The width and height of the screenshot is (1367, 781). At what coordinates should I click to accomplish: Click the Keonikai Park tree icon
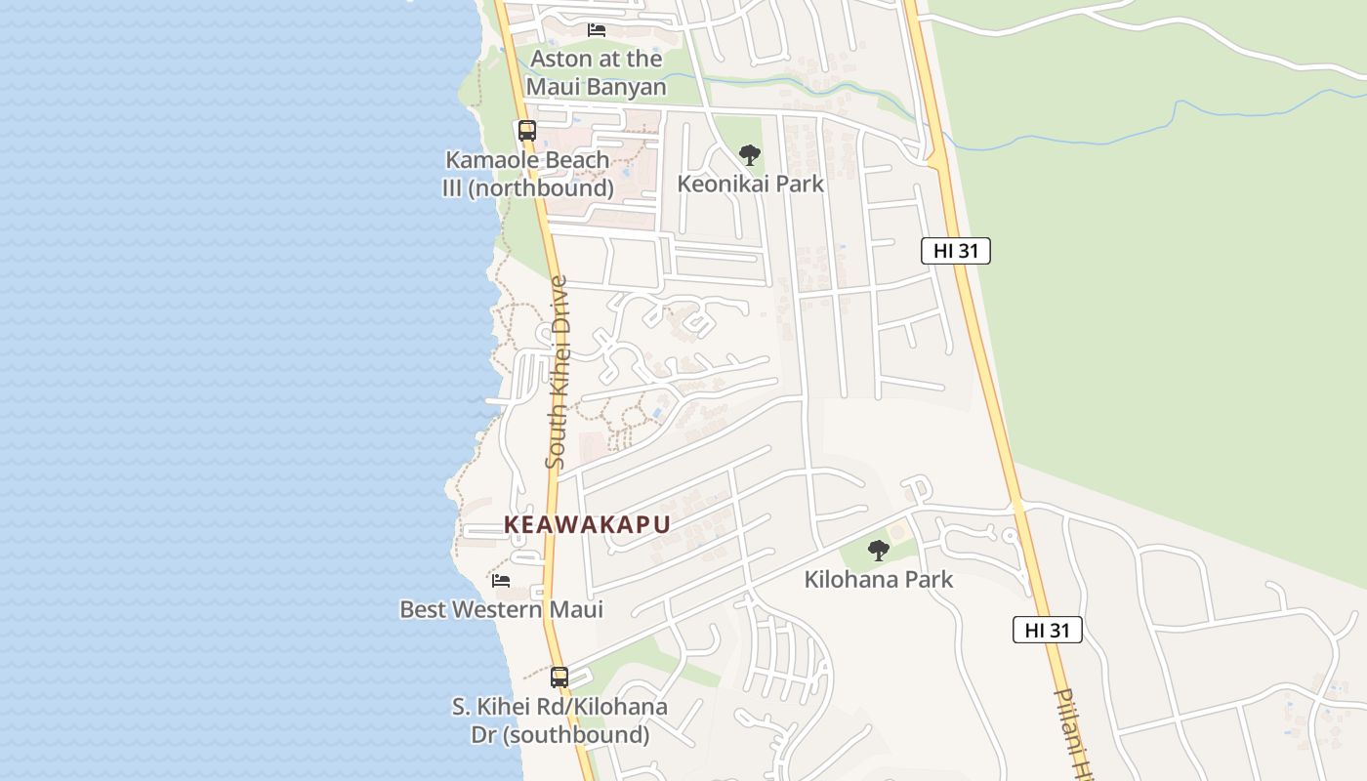point(749,154)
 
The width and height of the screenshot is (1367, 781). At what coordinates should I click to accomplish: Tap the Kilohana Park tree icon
point(879,551)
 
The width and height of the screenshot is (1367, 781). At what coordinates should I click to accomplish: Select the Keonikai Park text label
point(750,184)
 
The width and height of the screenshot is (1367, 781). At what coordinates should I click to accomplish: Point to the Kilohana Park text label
point(878,580)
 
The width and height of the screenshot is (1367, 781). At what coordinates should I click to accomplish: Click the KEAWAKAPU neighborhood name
point(587,525)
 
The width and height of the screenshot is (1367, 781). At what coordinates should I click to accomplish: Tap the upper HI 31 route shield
point(955,251)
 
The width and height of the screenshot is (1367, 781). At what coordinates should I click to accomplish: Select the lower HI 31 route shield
point(1047,631)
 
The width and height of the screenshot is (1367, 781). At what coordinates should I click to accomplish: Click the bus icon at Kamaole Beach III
point(527,130)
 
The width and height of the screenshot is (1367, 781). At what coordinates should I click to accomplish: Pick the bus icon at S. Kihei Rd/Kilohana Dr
point(559,677)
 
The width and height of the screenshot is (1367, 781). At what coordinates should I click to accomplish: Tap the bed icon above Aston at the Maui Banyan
point(597,30)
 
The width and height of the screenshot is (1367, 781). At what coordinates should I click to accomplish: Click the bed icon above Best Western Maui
point(501,580)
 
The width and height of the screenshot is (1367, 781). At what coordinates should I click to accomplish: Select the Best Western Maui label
point(501,610)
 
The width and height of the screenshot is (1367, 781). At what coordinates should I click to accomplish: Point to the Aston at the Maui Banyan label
point(596,73)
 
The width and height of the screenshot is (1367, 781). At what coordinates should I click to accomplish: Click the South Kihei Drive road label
point(557,372)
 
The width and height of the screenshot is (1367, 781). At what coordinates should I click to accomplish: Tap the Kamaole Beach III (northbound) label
point(527,174)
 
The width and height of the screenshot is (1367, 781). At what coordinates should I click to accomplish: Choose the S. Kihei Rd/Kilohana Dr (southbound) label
point(559,720)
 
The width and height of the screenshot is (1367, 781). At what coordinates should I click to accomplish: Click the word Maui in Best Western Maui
point(574,610)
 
